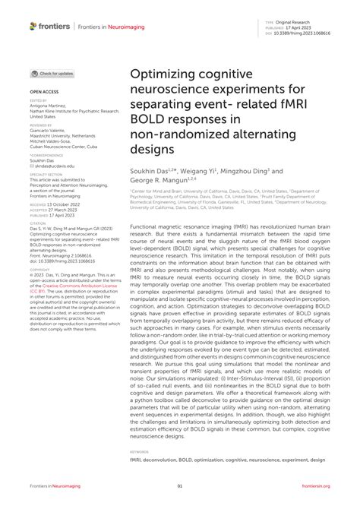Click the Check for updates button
(53, 74)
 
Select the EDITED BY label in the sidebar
(38, 100)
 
